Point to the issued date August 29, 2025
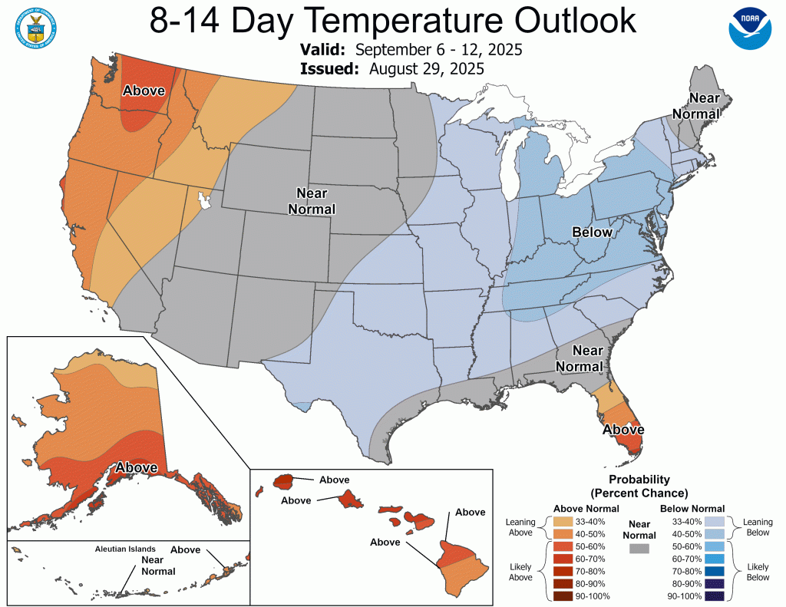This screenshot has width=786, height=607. [426, 68]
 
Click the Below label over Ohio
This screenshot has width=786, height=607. [593, 232]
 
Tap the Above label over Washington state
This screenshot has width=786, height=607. [144, 91]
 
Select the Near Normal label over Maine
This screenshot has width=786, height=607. [703, 106]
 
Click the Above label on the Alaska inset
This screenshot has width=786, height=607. [137, 467]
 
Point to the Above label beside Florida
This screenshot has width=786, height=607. [623, 430]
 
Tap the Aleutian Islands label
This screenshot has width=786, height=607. [125, 549]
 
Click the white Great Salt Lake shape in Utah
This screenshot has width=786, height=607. [204, 201]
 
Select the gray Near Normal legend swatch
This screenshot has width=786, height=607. [638, 549]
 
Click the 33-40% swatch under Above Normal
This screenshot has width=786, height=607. [563, 523]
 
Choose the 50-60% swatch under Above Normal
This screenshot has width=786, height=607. [563, 547]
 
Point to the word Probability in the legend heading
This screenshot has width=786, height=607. [638, 480]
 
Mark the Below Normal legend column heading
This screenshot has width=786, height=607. [692, 508]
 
